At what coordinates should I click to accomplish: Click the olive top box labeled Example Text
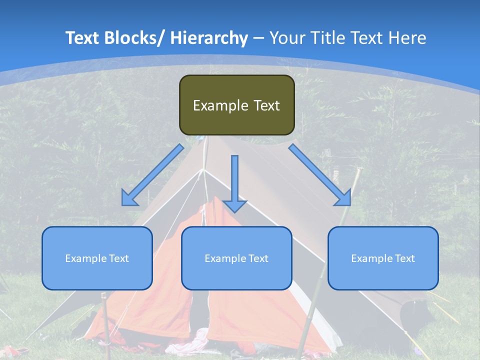point(236,105)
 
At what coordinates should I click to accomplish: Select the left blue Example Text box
point(97,258)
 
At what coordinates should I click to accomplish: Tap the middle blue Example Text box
point(236,258)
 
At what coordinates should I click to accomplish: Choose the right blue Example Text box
point(383,258)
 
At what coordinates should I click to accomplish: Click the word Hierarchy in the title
point(208,38)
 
